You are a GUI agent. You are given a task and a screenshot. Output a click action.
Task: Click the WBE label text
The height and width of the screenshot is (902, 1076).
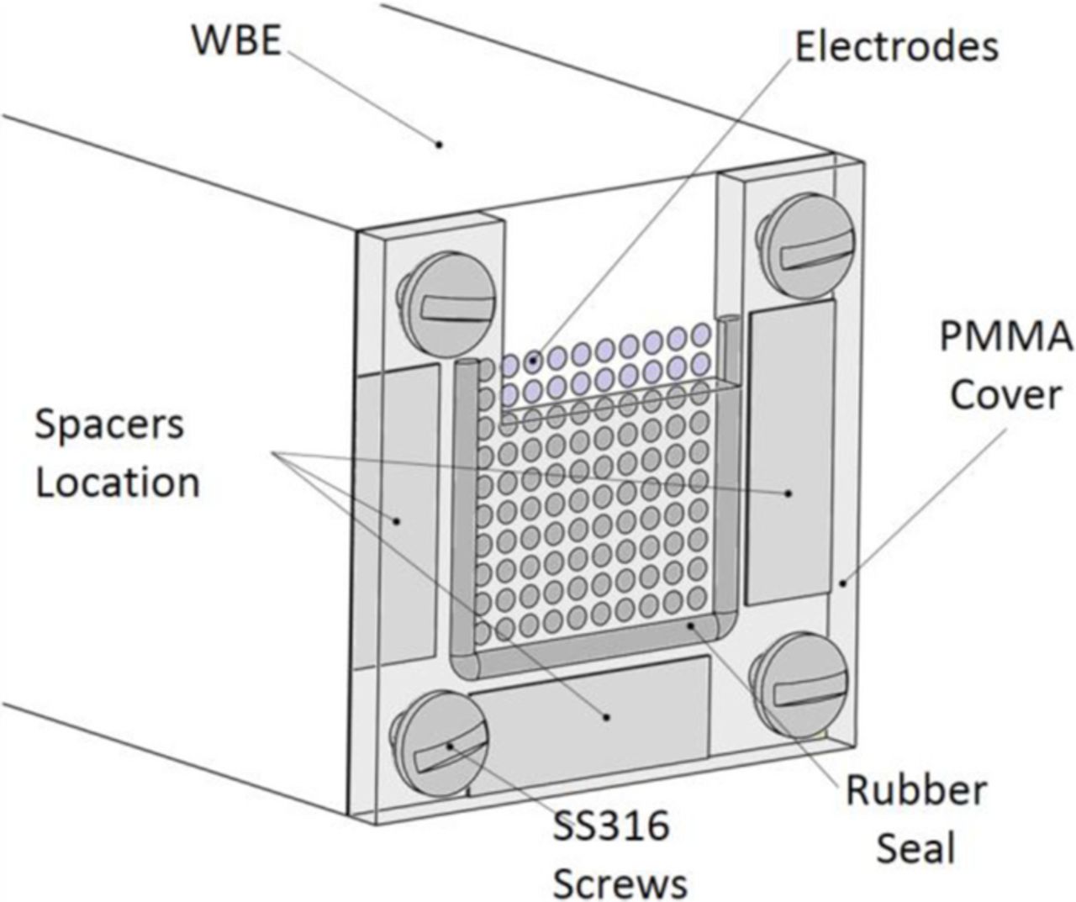tap(236, 40)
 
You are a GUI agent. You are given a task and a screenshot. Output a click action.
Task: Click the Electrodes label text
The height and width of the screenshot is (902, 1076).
tap(896, 46)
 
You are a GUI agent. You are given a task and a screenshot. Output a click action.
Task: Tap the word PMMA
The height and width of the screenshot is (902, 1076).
tap(1005, 336)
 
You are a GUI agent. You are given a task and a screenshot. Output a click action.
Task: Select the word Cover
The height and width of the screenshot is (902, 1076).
tap(1005, 393)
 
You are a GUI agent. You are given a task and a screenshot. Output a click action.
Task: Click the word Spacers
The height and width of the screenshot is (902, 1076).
tap(109, 425)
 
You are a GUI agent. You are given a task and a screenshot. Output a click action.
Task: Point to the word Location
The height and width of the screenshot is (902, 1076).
tap(118, 483)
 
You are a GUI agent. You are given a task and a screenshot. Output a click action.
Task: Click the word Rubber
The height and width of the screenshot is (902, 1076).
tap(915, 790)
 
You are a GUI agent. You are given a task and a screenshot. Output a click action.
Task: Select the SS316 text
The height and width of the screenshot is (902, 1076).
tap(611, 826)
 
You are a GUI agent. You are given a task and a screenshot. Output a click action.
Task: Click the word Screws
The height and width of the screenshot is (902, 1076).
tap(620, 883)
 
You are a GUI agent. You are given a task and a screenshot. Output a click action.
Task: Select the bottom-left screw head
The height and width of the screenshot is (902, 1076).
tap(440, 742)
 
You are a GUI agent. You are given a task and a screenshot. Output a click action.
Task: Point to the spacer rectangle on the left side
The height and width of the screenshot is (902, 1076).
tap(395, 513)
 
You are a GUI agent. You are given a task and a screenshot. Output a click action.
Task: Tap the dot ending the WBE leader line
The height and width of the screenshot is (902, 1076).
tap(438, 145)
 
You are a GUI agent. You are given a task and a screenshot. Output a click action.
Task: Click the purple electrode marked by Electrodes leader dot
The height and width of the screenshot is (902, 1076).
tap(533, 362)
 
